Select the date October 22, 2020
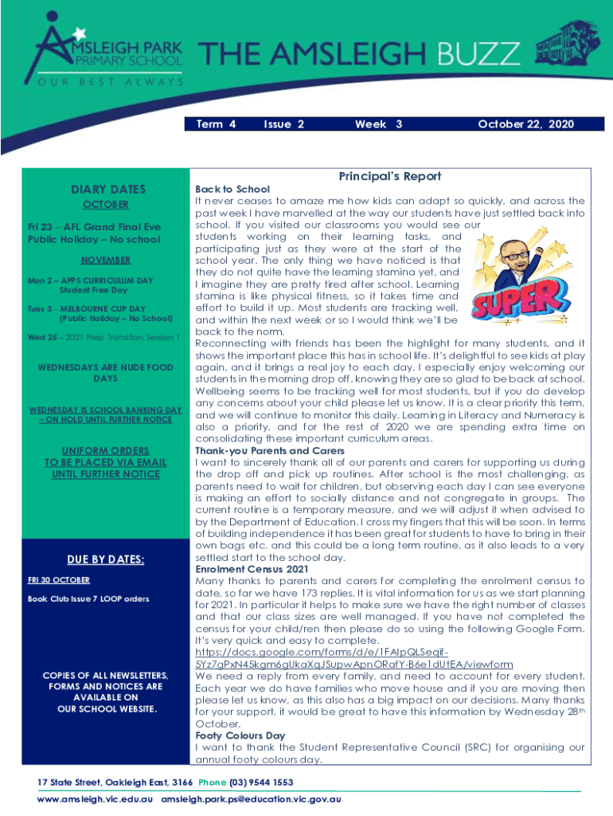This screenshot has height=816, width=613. tap(525, 124)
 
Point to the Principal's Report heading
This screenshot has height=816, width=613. tap(389, 176)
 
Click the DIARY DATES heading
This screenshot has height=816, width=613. tap(108, 189)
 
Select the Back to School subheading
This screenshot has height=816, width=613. tap(227, 190)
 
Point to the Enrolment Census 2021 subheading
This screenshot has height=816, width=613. tap(250, 569)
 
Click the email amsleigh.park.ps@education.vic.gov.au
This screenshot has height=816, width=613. tap(251, 798)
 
